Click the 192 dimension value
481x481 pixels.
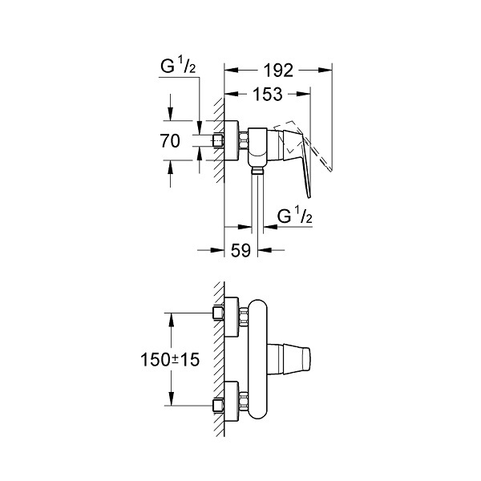point(278,71)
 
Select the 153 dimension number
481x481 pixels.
point(268,94)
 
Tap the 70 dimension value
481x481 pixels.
point(170,141)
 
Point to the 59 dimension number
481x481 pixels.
point(240,250)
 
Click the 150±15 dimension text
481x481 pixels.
point(170,359)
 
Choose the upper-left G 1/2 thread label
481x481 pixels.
point(178,67)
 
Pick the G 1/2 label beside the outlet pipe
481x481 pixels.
point(294,216)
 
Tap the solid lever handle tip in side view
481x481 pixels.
point(309,196)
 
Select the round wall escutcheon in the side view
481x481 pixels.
point(232,140)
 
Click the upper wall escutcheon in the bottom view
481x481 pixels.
point(232,317)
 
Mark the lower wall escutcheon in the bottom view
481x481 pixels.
point(232,402)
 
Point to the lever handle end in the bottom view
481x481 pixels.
point(306,359)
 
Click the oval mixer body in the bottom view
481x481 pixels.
point(257,359)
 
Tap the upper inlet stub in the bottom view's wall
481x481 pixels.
point(218,313)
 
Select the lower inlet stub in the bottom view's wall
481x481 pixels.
point(218,406)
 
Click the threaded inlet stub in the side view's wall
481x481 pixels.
point(218,141)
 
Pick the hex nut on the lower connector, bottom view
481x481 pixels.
point(244,402)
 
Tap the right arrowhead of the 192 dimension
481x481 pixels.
point(325,71)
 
